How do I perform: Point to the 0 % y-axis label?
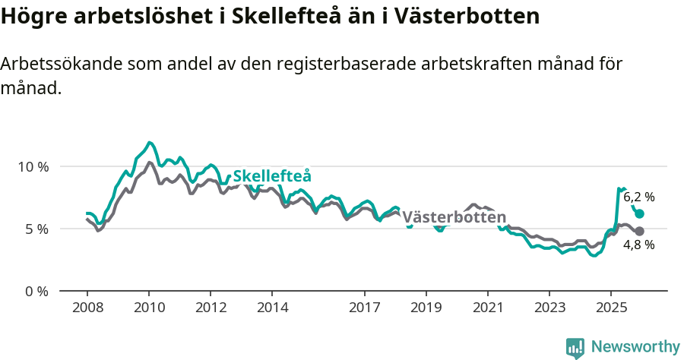click(x=36, y=291)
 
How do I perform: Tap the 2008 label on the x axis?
click(x=87, y=308)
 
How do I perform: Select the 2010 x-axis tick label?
click(x=149, y=308)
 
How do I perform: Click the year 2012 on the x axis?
click(x=211, y=308)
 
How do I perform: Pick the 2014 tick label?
click(x=272, y=308)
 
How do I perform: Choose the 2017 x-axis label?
click(x=364, y=308)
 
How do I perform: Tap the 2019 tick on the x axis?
click(x=426, y=308)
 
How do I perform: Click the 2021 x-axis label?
click(x=487, y=308)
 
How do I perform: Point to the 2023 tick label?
click(x=549, y=308)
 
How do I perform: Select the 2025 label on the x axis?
click(x=610, y=308)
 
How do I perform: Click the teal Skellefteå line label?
click(x=272, y=177)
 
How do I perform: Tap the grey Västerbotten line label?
click(x=454, y=217)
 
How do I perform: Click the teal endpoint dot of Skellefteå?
click(x=639, y=214)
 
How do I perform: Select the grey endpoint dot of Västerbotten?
click(x=639, y=231)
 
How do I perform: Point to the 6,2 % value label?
click(x=638, y=197)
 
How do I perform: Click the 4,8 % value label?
click(x=638, y=245)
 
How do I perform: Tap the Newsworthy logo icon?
click(x=575, y=347)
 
